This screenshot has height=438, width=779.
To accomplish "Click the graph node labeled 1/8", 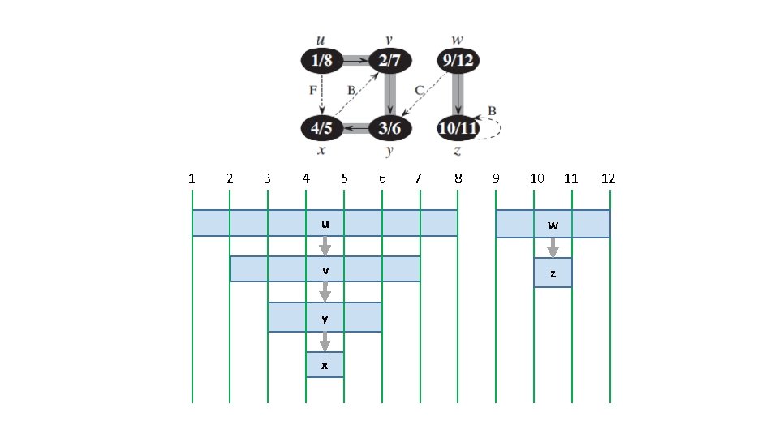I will coord(321,60).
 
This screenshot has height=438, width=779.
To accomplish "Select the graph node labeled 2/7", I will coord(389,60).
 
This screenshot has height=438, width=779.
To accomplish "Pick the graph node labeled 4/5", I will coord(321,127).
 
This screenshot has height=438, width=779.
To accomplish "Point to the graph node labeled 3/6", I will coord(389,127).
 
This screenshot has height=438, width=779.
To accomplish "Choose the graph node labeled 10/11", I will coord(458,127).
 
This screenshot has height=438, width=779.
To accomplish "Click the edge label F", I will coord(312,91).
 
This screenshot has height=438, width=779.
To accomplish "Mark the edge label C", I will coord(419,90).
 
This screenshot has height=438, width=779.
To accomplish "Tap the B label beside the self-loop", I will coord(492,109).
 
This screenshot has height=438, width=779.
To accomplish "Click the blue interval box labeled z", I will coord(553,273).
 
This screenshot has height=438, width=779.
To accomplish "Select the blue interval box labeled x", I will coord(325,365).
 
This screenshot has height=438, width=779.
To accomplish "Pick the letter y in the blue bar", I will coord(325,318).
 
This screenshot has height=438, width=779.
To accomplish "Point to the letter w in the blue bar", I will coord(553,225).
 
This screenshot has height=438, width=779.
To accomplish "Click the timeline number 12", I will coord(609,178).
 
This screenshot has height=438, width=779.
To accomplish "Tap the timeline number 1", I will coord(192,178).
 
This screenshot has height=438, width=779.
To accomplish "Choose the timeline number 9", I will coord(496,178).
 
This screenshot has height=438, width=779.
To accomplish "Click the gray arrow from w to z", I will coord(553,247).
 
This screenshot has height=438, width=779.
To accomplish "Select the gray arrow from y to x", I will coord(325,341).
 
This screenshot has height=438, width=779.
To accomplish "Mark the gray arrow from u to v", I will coord(325,246).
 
